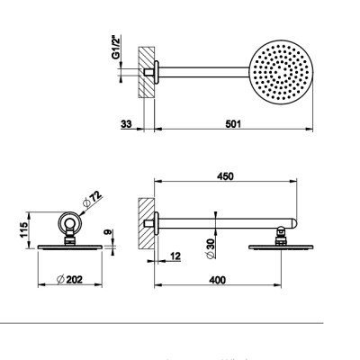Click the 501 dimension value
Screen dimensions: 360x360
click(233, 123)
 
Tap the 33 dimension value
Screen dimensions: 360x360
click(126, 123)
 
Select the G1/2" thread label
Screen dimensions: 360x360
click(116, 48)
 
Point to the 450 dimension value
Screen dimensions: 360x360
click(225, 176)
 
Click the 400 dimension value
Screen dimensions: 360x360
click(217, 280)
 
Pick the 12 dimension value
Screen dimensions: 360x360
click(175, 256)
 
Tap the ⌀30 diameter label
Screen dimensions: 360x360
click(211, 248)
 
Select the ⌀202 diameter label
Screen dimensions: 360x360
click(69, 280)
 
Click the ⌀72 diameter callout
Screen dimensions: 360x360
click(92, 199)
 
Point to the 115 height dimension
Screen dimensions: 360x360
click(24, 230)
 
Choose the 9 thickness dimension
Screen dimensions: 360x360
click(108, 232)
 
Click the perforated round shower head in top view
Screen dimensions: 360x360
click(281, 72)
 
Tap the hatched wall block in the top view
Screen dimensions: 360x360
click(147, 72)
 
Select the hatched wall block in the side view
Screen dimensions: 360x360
click(147, 223)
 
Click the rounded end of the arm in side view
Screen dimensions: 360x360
click(293, 223)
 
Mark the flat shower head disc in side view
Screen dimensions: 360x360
click(281, 247)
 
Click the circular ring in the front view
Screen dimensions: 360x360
click(69, 223)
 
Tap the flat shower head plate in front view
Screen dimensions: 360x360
click(69, 247)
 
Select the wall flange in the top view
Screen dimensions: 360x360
click(157, 72)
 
